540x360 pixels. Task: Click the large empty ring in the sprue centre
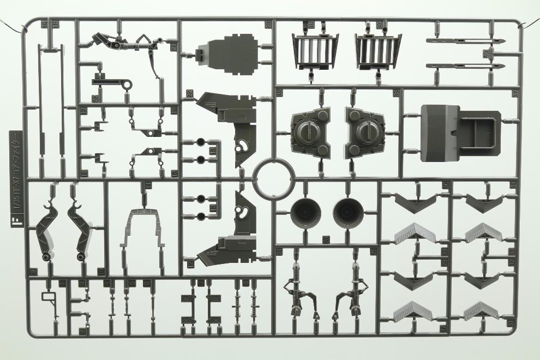[x=274, y=178]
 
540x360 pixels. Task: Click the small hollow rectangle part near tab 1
[x=48, y=298]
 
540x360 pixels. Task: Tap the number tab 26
[x=326, y=238]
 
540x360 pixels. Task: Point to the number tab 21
[x=173, y=48]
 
